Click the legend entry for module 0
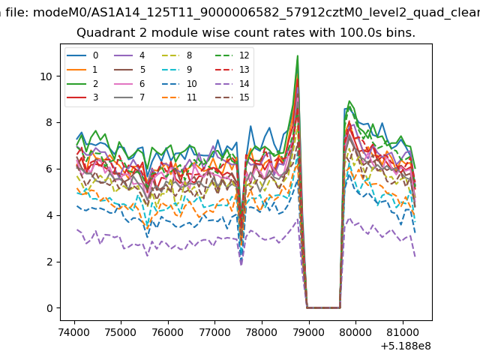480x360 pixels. (82, 55)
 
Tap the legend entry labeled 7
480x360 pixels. (129, 97)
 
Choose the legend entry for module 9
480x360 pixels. (177, 70)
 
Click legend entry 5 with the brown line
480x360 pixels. (129, 70)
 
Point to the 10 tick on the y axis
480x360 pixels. (46, 76)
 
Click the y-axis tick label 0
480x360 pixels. (49, 308)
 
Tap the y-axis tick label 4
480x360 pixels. (49, 215)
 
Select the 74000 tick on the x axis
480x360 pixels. (74, 332)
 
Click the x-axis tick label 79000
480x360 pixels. (309, 332)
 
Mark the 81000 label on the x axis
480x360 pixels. (403, 332)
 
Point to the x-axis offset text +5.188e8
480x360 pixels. (406, 346)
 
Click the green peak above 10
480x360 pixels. (297, 56)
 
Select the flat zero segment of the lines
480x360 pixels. (323, 307)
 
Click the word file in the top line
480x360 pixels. (18, 13)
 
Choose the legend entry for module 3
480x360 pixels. (82, 97)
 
